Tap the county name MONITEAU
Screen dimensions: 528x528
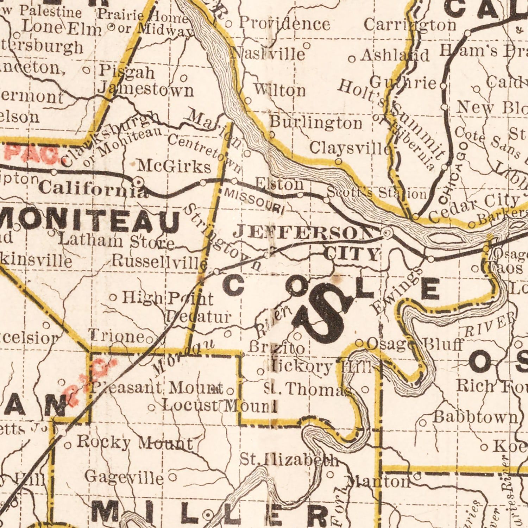click(x=90, y=222)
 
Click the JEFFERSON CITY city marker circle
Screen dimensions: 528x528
click(x=386, y=233)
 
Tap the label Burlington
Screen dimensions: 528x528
click(x=316, y=123)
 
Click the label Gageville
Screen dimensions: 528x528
click(x=124, y=478)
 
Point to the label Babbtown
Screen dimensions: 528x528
click(x=476, y=417)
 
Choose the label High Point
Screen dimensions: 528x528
click(x=168, y=298)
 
